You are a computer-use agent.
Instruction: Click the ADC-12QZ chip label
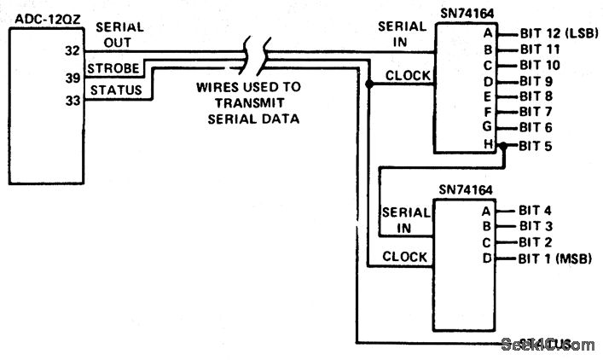click(x=40, y=15)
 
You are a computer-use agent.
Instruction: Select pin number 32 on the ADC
click(x=72, y=50)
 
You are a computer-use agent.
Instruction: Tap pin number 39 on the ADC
click(x=72, y=78)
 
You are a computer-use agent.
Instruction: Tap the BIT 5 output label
click(x=536, y=145)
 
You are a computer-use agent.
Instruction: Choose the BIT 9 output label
click(x=536, y=81)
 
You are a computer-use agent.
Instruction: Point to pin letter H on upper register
click(x=488, y=143)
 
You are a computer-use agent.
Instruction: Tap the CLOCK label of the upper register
click(x=408, y=75)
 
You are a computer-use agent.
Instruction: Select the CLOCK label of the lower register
click(x=404, y=256)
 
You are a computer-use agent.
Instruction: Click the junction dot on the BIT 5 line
click(x=504, y=145)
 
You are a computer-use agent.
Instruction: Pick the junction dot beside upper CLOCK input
click(x=368, y=84)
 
